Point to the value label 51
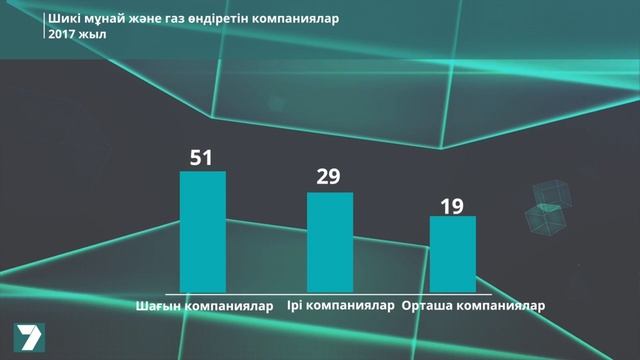coord(203,157)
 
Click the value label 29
coord(328,177)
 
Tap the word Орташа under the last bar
coord(427,306)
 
